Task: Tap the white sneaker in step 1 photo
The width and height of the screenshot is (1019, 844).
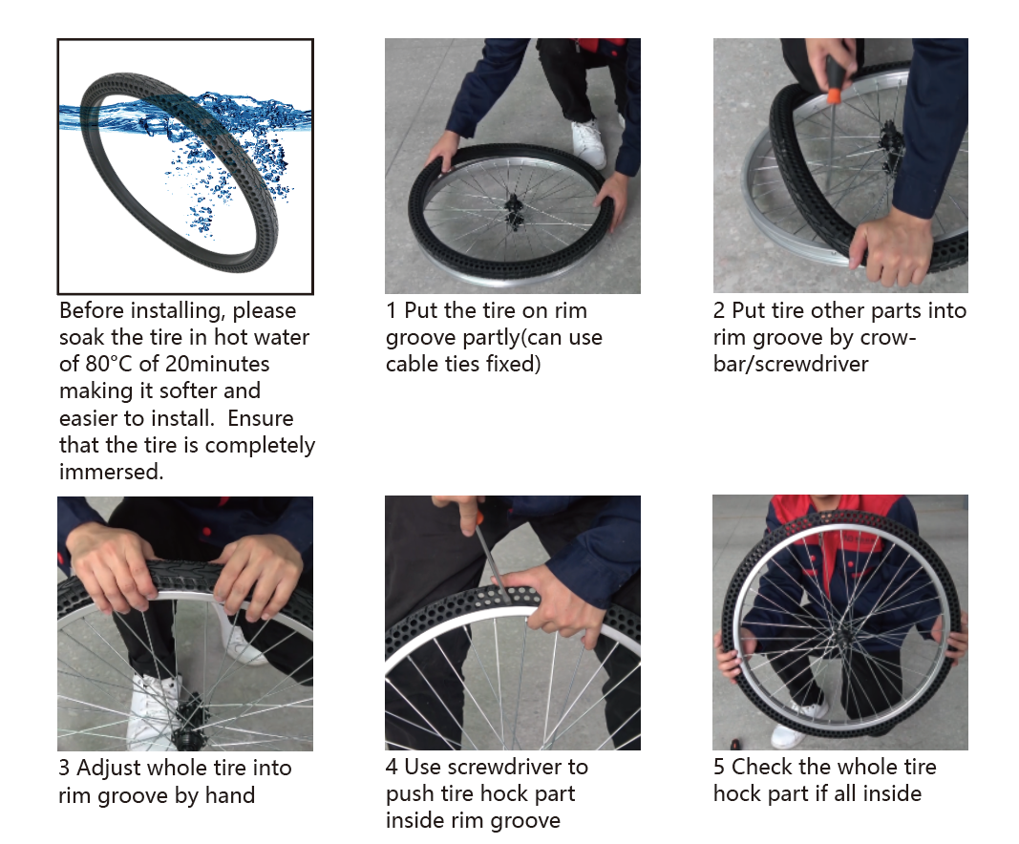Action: [589, 143]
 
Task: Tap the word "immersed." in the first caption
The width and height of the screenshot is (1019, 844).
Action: [111, 472]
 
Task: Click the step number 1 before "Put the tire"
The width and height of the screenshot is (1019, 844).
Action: [392, 310]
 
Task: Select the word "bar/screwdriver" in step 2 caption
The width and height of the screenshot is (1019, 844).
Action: [790, 365]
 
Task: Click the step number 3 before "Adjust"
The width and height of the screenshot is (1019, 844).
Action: [64, 768]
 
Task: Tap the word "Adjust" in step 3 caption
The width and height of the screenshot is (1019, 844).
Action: [112, 769]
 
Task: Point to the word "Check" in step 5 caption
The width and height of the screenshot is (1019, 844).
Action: [762, 767]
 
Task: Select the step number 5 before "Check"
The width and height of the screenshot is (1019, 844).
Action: [719, 767]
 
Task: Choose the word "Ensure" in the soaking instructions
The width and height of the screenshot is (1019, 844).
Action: [261, 418]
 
